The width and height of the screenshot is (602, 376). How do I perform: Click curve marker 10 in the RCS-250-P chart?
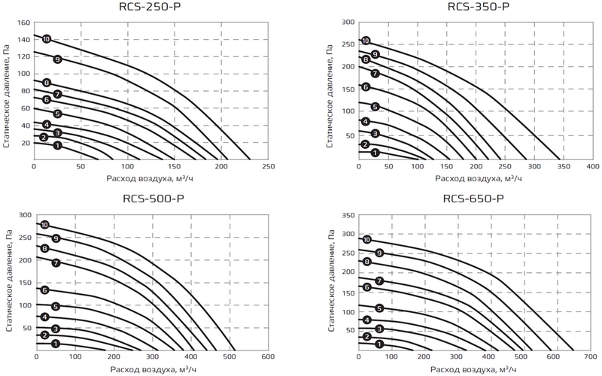point(47,38)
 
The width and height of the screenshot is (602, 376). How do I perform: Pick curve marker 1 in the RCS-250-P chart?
point(57,145)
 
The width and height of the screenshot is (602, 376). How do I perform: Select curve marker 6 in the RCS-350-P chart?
point(366,87)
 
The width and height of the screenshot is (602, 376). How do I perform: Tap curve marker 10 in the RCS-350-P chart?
point(366,41)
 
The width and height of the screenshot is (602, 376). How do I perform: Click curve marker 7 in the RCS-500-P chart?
point(56,262)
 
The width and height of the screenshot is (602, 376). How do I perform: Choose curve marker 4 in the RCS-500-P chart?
point(45,317)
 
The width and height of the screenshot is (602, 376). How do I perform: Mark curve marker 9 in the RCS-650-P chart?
point(379,253)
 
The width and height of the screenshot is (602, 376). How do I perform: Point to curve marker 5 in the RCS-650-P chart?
point(379,308)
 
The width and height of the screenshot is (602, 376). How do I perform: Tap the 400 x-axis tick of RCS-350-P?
point(592,166)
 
